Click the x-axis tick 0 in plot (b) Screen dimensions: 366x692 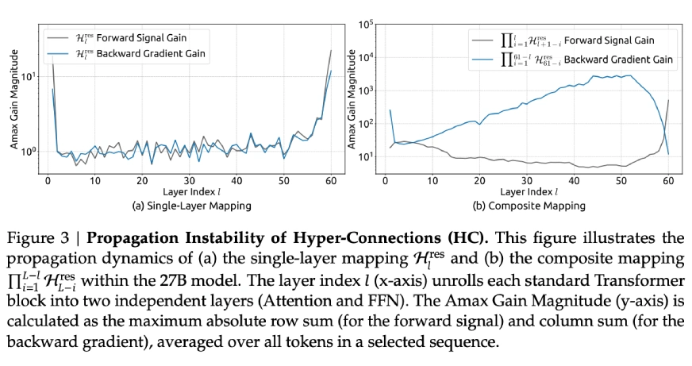pyautogui.click(x=384, y=181)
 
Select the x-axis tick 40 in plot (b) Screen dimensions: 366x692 pyautogui.click(x=575, y=181)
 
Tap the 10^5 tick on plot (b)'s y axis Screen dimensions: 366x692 pyautogui.click(x=364, y=24)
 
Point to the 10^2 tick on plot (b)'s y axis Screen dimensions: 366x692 pyautogui.click(x=364, y=123)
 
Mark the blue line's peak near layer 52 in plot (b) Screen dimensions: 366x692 pyautogui.click(x=631, y=75)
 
